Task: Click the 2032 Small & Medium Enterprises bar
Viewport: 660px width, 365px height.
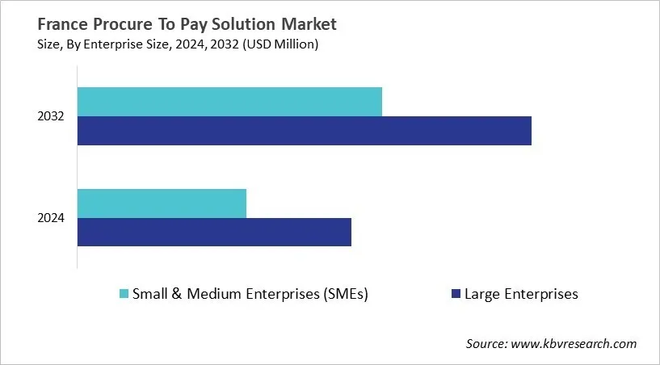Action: tap(229, 102)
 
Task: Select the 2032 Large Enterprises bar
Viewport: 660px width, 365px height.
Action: tap(304, 131)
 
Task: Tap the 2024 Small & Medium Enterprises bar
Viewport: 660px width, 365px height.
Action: tap(162, 203)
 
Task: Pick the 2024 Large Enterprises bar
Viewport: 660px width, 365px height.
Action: tap(214, 232)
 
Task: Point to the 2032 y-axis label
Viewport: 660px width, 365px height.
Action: tap(50, 117)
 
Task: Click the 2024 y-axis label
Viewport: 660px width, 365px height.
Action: tap(50, 218)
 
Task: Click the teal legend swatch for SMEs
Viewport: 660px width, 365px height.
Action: tap(123, 294)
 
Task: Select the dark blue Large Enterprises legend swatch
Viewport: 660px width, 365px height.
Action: tap(456, 294)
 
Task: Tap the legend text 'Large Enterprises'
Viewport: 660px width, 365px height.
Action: tap(521, 294)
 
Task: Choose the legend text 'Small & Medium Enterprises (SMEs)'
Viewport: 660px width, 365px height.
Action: tap(250, 294)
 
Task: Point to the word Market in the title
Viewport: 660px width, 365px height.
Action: tap(309, 24)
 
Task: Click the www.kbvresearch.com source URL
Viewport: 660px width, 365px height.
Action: tap(575, 344)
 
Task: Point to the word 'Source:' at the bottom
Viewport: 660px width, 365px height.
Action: tap(488, 344)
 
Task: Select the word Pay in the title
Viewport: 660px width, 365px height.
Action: tap(187, 24)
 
